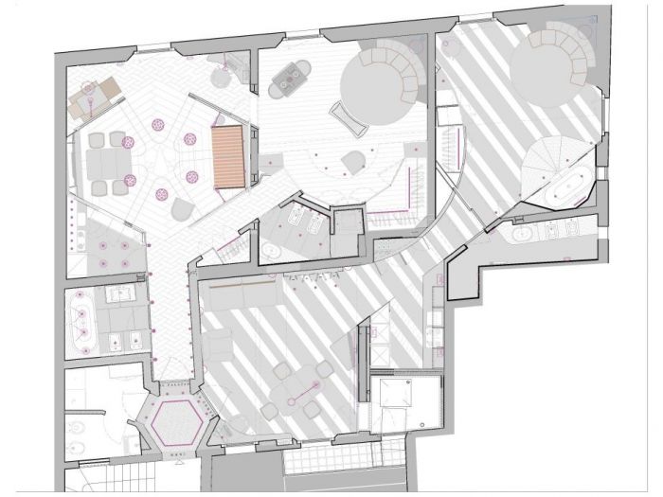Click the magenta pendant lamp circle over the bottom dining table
point(313,382)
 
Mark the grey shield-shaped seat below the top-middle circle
point(353,161)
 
